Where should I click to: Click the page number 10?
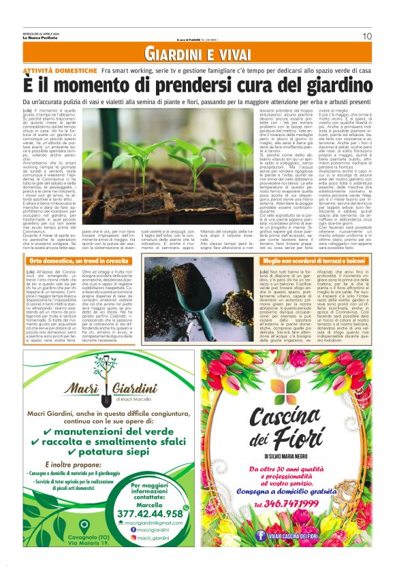click(366, 35)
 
